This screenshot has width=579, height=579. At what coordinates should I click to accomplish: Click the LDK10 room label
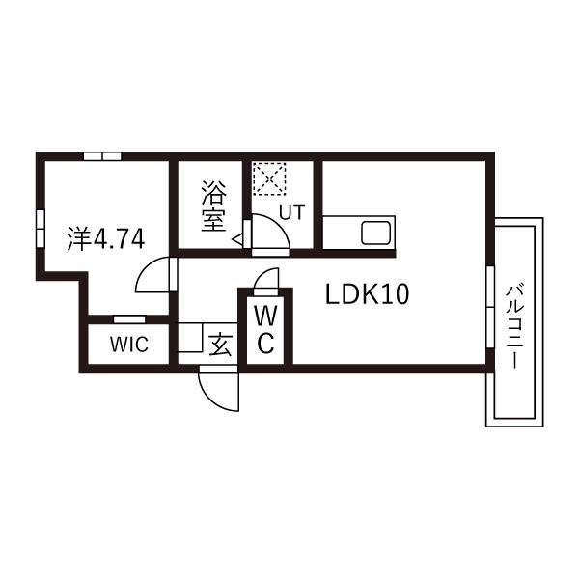coord(367,294)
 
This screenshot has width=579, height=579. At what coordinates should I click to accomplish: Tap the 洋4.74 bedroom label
coord(106,239)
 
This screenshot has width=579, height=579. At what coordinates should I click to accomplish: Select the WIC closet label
coord(129,345)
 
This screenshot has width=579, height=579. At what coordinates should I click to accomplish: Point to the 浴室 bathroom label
coord(213,207)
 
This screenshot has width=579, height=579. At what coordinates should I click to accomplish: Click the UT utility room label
coord(292,212)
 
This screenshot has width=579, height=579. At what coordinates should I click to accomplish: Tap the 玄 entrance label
coord(220,345)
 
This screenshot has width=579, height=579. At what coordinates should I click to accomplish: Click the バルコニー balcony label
coord(514,326)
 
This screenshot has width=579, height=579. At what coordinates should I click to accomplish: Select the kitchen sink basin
coord(376,233)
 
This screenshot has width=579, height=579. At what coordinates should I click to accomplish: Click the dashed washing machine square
coord(269,179)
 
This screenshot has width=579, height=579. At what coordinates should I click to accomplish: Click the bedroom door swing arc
coord(152,275)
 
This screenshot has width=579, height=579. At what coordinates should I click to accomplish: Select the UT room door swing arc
coord(270,232)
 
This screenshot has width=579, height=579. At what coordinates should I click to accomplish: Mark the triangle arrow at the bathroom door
coord(237,239)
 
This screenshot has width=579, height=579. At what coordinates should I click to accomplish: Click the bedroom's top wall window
coord(102,156)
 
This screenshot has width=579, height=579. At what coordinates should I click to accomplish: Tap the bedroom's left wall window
coord(41,229)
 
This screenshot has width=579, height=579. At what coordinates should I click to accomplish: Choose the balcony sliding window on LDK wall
coord(490,307)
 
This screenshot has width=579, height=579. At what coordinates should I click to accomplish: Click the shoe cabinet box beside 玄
coord(190,338)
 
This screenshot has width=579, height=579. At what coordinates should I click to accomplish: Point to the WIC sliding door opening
coord(129,319)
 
